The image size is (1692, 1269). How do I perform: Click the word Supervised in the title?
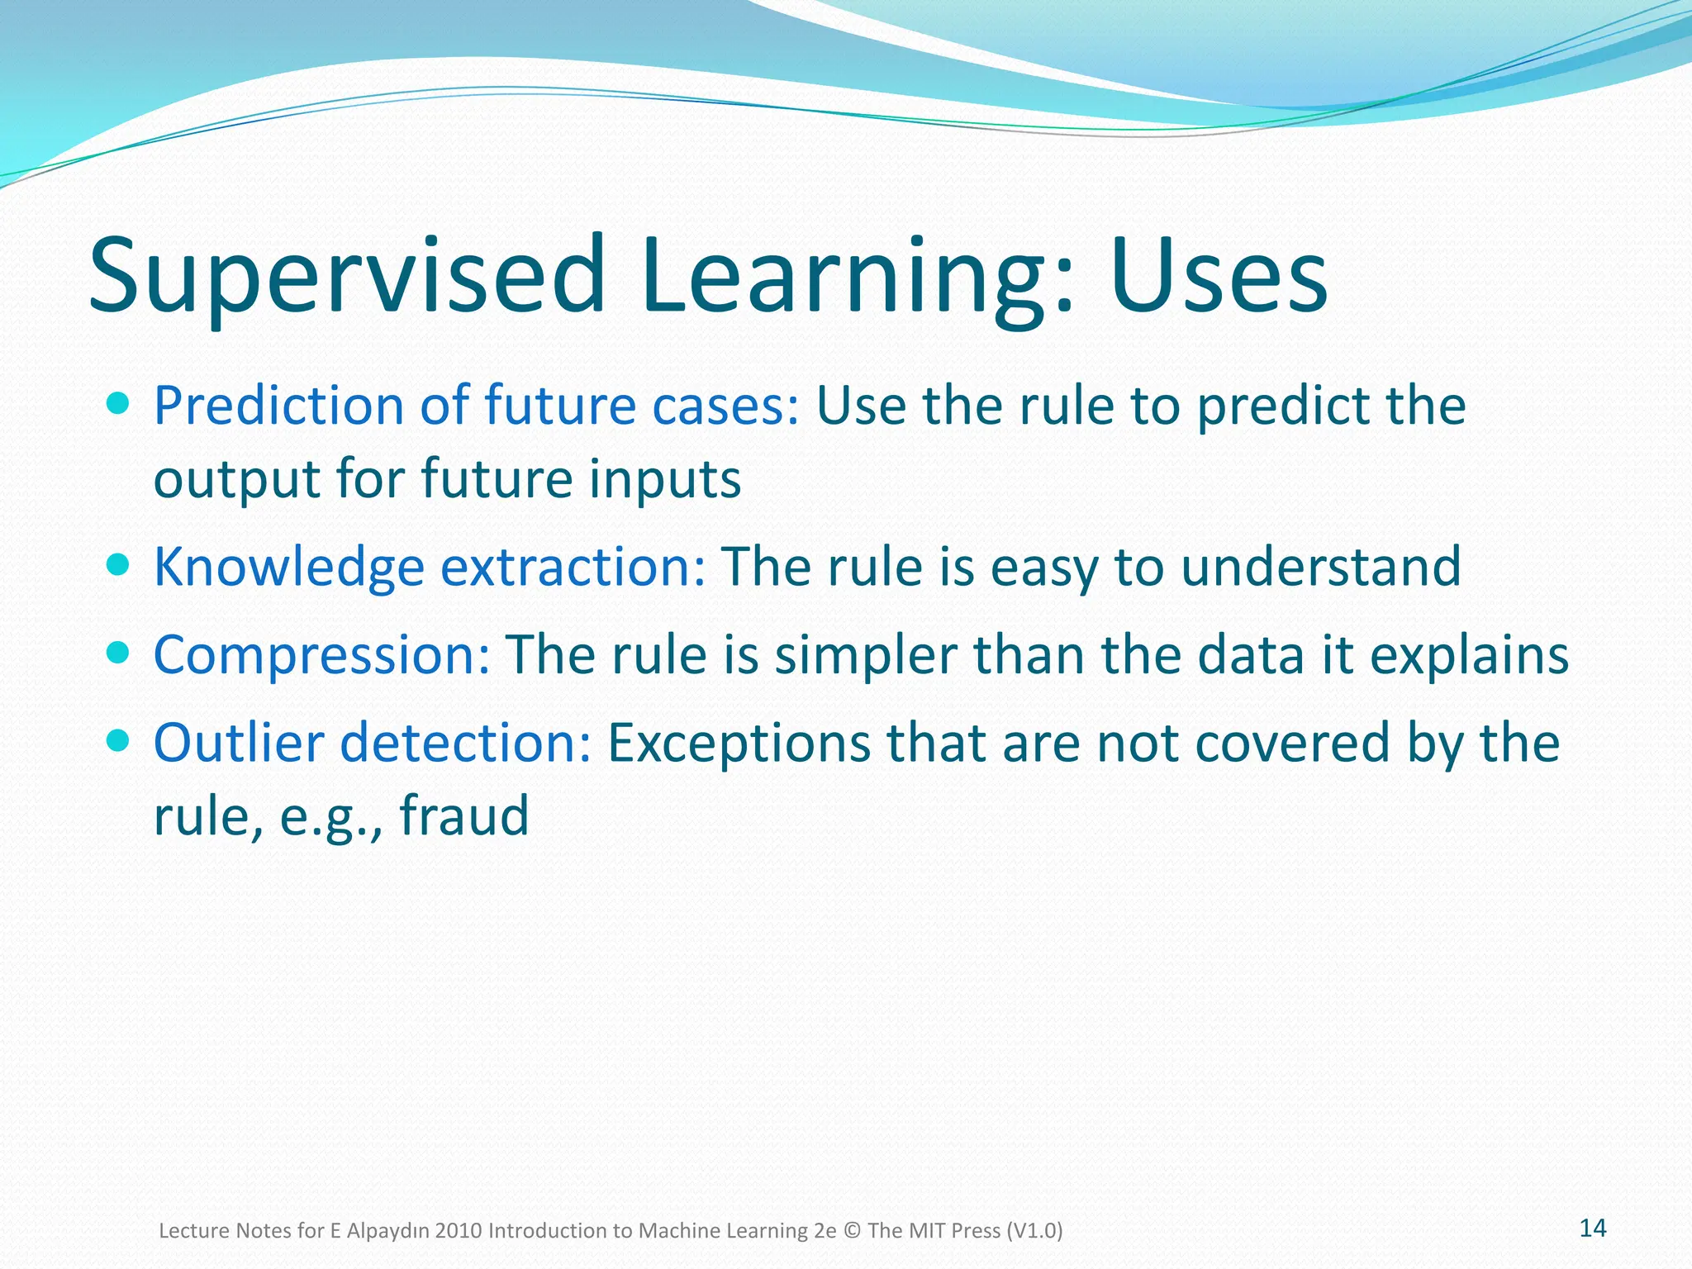point(347,277)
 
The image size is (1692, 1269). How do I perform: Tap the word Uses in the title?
point(1218,277)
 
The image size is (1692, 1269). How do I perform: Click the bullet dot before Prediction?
point(119,404)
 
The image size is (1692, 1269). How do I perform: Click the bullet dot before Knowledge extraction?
point(119,565)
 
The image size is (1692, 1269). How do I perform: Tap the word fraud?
point(463,815)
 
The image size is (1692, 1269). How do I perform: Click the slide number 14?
point(1592,1229)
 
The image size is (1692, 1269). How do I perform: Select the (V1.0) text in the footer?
point(1034,1231)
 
